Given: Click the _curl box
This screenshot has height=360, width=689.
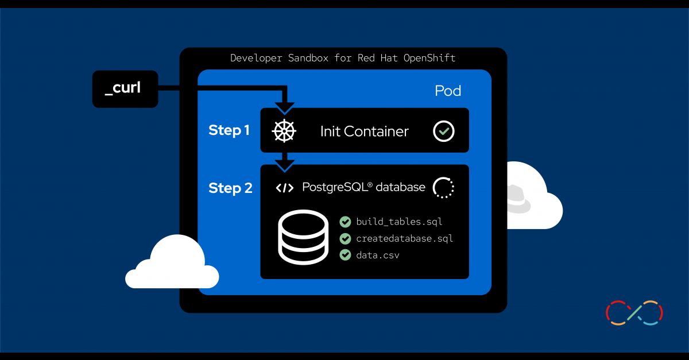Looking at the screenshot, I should (125, 89).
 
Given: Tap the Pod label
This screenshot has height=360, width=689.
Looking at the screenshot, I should (448, 91).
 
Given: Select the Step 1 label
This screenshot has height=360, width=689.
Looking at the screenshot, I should (229, 130).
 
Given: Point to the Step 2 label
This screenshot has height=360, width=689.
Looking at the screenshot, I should (230, 188).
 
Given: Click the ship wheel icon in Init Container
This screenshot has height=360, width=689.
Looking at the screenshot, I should (284, 131).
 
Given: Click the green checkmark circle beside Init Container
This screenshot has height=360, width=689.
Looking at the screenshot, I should (443, 131).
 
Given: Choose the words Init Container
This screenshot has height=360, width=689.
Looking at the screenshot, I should (364, 131).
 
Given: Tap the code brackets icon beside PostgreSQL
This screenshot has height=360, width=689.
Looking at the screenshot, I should (285, 188).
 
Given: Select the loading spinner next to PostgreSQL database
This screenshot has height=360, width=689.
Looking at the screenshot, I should (443, 188).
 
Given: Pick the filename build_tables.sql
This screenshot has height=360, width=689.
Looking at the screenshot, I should (399, 222).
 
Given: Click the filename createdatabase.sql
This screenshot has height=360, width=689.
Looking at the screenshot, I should (404, 238).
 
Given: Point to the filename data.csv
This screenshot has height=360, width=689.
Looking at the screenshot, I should (377, 255).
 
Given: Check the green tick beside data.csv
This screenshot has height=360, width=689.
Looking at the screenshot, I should (345, 255).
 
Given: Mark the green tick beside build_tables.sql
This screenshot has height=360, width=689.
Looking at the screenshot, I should (345, 222).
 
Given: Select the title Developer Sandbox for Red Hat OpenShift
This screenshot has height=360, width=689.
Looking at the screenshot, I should (343, 58).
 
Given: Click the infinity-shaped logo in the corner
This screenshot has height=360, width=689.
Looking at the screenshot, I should (634, 313).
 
